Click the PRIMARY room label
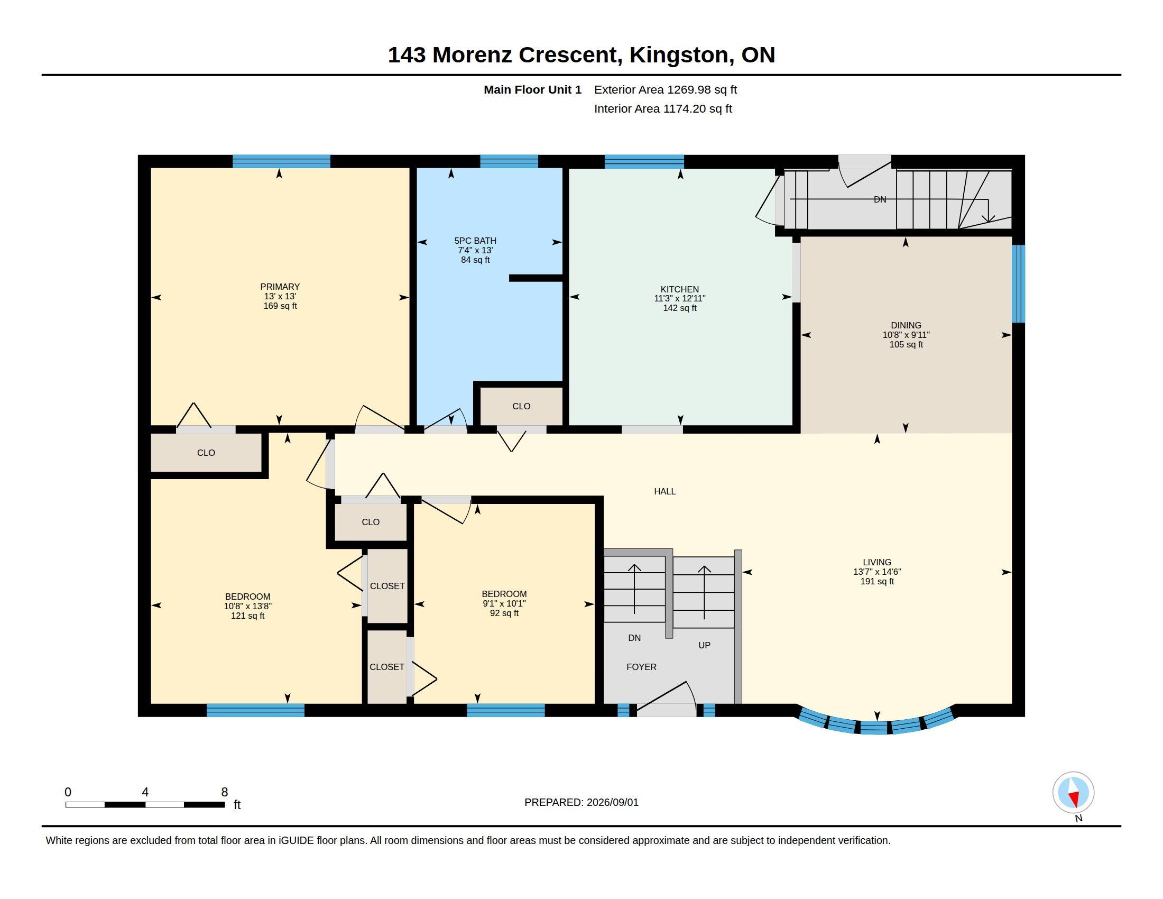point(280,287)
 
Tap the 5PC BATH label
point(475,241)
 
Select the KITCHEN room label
point(679,289)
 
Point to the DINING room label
point(906,325)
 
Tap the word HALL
point(664,492)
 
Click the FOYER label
point(641,667)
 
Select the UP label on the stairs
point(704,646)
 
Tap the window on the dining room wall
point(1018,284)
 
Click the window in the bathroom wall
point(509,161)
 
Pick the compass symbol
point(1074,793)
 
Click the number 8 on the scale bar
point(225,792)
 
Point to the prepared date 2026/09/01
point(612,803)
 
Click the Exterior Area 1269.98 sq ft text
point(666,90)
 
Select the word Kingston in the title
point(679,56)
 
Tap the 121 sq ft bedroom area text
point(247,616)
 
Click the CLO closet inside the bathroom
point(521,406)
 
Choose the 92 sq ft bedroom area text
point(504,613)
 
